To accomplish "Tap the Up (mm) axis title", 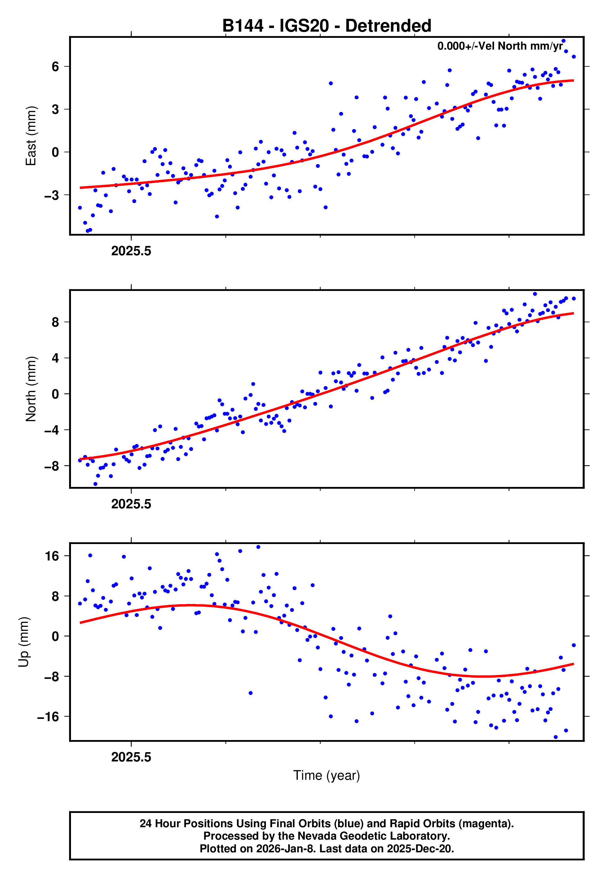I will [x=24, y=642].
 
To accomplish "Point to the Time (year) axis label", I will [x=327, y=776].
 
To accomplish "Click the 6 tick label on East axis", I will [x=55, y=67].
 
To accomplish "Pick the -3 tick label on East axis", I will [x=52, y=195].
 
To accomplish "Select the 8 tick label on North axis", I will [x=55, y=323].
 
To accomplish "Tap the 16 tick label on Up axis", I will [x=52, y=556].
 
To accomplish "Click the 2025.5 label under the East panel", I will [x=131, y=251].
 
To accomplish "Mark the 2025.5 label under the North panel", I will [x=131, y=504].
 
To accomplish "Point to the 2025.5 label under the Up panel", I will [x=131, y=757].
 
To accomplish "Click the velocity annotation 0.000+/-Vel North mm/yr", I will [x=500, y=46].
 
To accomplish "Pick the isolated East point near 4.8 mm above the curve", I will [x=331, y=83].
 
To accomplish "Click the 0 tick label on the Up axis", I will [x=55, y=636].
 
